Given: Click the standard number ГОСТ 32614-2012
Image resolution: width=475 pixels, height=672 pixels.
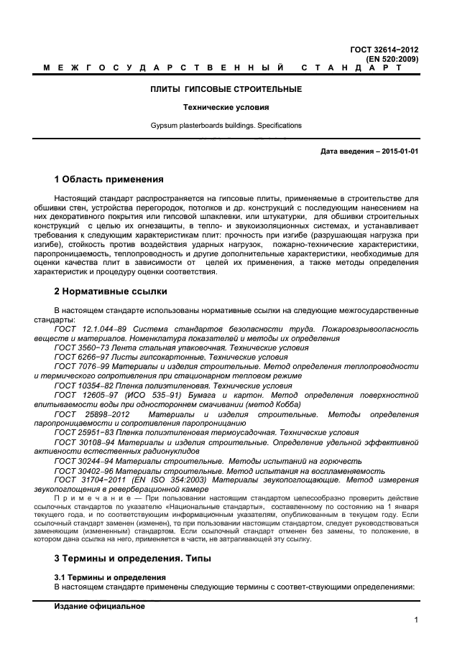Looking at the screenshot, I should click(x=384, y=50).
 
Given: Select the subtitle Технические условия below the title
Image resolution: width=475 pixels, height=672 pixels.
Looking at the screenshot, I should click(x=225, y=108).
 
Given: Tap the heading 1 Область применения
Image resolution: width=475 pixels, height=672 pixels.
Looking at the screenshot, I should click(x=109, y=179).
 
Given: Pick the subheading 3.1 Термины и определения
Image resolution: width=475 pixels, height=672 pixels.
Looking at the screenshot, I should click(x=110, y=577).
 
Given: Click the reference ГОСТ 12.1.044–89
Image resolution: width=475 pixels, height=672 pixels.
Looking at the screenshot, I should click(x=87, y=329).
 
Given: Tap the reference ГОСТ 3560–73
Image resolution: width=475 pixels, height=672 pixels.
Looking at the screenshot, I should click(x=78, y=347).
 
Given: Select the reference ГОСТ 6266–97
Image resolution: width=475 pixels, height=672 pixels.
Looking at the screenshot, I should click(x=78, y=357).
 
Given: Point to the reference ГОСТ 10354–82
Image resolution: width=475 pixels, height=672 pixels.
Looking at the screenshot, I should click(x=80, y=386).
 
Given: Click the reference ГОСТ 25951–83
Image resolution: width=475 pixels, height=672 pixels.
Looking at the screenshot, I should click(x=80, y=433).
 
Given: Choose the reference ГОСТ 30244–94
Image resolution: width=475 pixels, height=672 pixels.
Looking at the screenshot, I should click(x=80, y=461).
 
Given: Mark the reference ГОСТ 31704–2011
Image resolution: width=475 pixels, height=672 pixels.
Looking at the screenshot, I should click(x=84, y=480).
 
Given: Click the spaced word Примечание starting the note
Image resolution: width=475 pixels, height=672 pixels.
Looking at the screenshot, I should click(x=85, y=498).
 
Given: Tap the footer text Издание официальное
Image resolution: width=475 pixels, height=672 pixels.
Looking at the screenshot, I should click(x=100, y=607).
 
